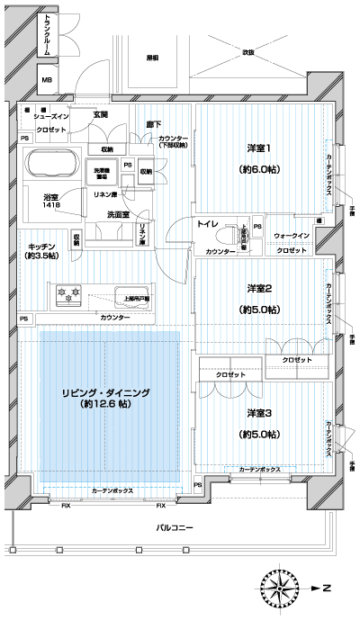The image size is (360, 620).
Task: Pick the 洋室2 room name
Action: pyautogui.click(x=258, y=288)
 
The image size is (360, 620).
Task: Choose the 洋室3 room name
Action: pyautogui.click(x=258, y=413)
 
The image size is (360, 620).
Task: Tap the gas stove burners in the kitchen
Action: pyautogui.click(x=69, y=292)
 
